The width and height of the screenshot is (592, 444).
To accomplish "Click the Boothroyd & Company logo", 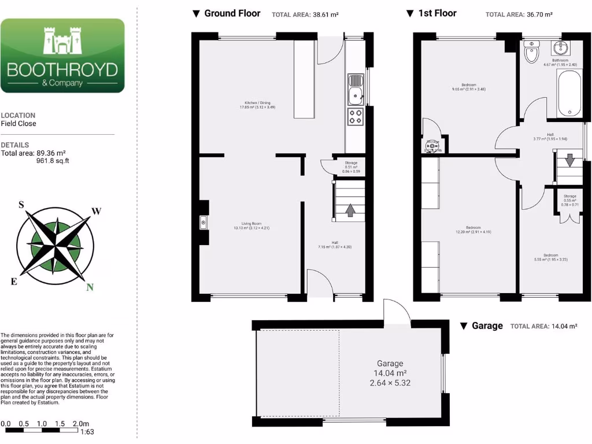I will click(x=62, y=55).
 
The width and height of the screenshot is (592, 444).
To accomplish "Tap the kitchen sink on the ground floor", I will click(x=355, y=90).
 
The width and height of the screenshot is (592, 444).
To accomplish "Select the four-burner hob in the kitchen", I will click(x=355, y=117).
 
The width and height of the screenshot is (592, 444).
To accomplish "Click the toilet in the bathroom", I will click(x=531, y=53).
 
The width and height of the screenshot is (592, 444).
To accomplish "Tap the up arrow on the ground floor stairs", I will click(x=350, y=210).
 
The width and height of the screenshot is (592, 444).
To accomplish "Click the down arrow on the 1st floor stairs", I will click(x=569, y=159).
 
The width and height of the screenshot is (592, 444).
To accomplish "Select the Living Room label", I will click(x=251, y=225).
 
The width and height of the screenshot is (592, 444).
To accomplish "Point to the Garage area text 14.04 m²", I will click(x=390, y=373).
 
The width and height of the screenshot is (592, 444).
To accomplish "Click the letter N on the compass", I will click(x=89, y=287).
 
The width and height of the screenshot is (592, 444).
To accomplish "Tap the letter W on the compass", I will click(x=97, y=211).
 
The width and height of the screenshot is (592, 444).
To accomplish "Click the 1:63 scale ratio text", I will click(x=87, y=431).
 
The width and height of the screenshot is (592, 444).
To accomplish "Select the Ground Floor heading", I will click(x=232, y=13).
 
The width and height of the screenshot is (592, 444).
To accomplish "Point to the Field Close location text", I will click(x=18, y=124).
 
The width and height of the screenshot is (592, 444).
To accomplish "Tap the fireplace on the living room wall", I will click(x=203, y=222).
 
